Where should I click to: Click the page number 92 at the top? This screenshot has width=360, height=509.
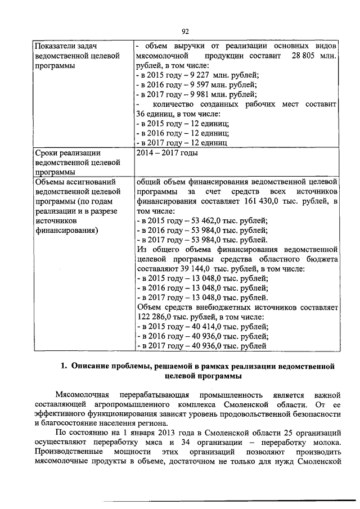tap(186, 31)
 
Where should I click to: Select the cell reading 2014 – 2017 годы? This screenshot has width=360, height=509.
tap(167, 153)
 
